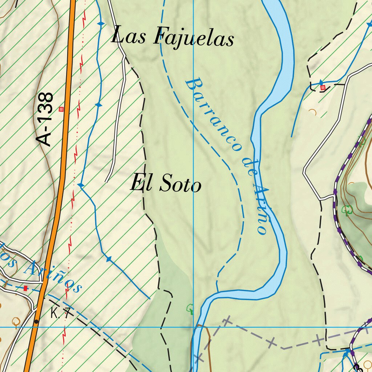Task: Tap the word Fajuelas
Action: tap(193, 38)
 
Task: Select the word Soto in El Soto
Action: tap(180, 184)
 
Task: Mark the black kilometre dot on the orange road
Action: tap(36, 322)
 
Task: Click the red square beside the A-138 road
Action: tap(61, 109)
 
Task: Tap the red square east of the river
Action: tap(323, 87)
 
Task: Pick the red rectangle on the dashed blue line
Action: tap(25, 288)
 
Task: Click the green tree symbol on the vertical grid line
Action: tap(191, 310)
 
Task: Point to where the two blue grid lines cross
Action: tap(194, 327)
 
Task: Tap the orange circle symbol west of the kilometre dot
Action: tap(15, 322)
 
